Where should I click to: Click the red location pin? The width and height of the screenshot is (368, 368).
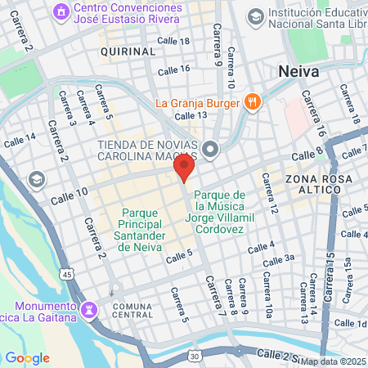point(184,168)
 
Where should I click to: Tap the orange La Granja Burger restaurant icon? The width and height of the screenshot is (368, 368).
point(252,102)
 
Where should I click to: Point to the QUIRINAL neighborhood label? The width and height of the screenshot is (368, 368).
point(127,52)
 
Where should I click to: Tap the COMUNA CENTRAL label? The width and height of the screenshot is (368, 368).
point(132,309)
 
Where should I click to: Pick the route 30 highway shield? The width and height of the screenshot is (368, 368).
point(195,357)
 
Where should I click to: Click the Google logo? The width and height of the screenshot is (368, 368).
point(27,357)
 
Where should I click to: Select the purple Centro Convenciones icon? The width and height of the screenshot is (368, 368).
point(60,11)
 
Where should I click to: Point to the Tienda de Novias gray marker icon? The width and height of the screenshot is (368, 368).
point(211,149)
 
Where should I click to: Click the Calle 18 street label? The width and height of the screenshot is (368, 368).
point(173,42)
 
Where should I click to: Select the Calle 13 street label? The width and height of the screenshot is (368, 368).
point(190,115)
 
